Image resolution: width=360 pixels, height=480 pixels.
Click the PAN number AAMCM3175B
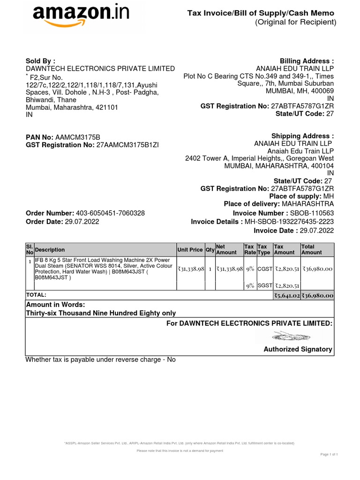point(78,137)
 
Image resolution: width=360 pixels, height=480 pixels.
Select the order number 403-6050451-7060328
point(110,213)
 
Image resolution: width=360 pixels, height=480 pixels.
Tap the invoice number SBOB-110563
point(308,213)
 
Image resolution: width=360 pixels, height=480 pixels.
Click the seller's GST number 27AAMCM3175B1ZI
point(127,145)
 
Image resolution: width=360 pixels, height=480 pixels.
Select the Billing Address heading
point(307,61)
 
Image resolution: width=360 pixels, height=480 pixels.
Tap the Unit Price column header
point(190,250)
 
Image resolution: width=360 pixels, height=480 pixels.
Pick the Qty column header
point(210,250)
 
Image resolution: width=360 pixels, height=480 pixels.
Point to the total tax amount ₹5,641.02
point(286,295)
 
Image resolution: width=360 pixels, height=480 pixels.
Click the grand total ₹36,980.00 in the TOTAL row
point(317,295)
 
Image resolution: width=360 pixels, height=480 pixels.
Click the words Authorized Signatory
point(298,349)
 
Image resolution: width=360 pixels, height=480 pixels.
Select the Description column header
point(50,250)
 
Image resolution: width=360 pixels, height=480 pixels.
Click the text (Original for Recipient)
point(295,22)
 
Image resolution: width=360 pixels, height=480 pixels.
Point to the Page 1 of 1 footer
point(329,454)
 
